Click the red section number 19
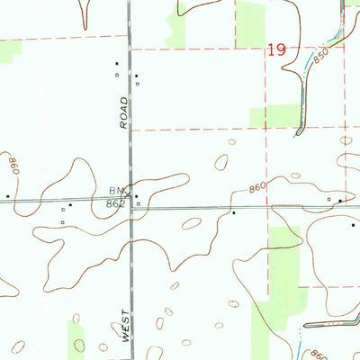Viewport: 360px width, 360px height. (276, 51)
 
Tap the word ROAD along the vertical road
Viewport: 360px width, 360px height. (124, 114)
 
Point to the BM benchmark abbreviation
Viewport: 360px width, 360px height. (114, 191)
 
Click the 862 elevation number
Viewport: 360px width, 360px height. (113, 203)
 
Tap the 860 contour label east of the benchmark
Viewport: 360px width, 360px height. (257, 188)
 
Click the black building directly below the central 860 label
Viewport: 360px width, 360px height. (233, 213)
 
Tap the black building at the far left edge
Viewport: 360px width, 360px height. (8, 194)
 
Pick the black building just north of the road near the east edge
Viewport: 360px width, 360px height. (340, 198)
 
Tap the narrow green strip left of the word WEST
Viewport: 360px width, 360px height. (78, 337)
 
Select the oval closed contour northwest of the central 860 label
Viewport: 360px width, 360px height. (221, 163)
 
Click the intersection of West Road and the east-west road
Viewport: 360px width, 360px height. (130, 202)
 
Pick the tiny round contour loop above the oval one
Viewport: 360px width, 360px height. (233, 141)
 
